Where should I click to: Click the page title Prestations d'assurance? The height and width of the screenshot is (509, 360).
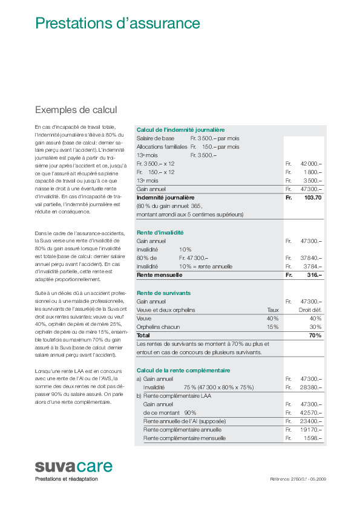[x=117, y=24]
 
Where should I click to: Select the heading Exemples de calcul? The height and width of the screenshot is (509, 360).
[x=76, y=110]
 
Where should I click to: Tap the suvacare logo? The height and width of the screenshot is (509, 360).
[x=73, y=467]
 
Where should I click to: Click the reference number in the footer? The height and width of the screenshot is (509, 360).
[x=298, y=479]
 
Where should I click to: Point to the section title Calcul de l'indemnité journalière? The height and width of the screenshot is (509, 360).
[x=180, y=130]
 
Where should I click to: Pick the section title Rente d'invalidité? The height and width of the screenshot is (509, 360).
[x=160, y=232]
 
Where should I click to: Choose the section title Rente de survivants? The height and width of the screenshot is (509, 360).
[x=163, y=293]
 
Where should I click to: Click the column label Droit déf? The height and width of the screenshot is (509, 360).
[x=310, y=310]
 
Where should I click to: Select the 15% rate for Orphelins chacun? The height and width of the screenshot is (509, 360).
[x=272, y=326]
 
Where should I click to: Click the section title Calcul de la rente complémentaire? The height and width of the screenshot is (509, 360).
[x=183, y=370]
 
